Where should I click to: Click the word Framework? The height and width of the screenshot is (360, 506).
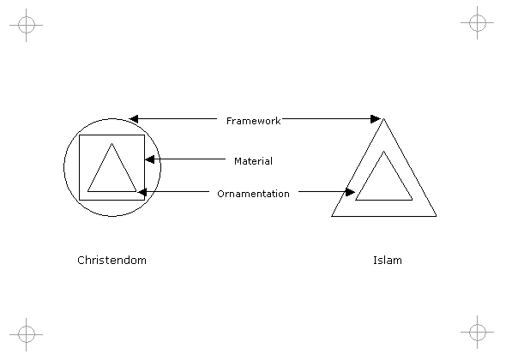[253, 121]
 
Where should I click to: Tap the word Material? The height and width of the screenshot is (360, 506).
[253, 161]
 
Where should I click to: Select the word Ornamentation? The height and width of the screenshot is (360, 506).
[253, 194]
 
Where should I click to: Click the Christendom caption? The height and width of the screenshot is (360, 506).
[111, 260]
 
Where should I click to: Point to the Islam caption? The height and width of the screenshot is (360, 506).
[388, 260]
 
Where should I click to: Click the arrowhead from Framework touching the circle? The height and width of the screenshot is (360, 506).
[134, 119]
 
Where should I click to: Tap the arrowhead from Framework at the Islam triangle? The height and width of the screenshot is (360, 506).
[376, 119]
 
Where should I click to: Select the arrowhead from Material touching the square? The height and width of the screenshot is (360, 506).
[149, 159]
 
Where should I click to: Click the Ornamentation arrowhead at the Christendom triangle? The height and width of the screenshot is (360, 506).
[142, 192]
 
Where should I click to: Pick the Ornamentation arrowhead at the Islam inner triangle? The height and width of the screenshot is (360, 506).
[350, 192]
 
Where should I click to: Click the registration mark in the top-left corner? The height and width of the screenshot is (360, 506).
[26, 25]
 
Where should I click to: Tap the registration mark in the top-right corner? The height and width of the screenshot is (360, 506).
[478, 22]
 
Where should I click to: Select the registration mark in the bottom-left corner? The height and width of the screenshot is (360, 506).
[26, 334]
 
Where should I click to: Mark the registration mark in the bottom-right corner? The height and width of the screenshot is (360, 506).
[478, 332]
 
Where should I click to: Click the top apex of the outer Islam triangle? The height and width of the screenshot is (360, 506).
[383, 118]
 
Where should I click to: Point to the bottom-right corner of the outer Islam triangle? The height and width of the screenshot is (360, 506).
[437, 216]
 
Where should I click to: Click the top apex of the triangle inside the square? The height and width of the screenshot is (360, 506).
[112, 143]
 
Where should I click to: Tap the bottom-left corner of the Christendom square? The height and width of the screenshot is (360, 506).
[80, 200]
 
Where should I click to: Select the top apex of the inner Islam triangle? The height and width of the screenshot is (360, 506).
[383, 151]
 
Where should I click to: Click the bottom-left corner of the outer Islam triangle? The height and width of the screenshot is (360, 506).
[331, 216]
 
